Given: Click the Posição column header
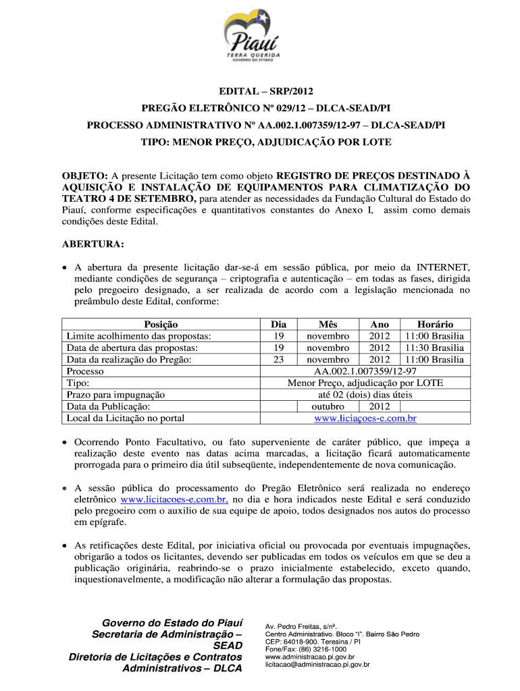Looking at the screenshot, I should click(x=161, y=325).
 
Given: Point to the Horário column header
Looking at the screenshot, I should click(x=435, y=325).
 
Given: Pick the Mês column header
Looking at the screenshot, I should click(x=328, y=325).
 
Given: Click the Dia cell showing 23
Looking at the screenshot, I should click(x=278, y=360).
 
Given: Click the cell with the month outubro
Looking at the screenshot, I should click(x=328, y=406).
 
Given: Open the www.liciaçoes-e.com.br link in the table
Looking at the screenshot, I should click(x=365, y=418).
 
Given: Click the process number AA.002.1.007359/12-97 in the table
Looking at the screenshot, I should click(x=365, y=371).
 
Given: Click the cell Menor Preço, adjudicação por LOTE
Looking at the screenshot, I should click(x=365, y=383).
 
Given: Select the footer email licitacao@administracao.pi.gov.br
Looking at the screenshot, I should click(x=317, y=665).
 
